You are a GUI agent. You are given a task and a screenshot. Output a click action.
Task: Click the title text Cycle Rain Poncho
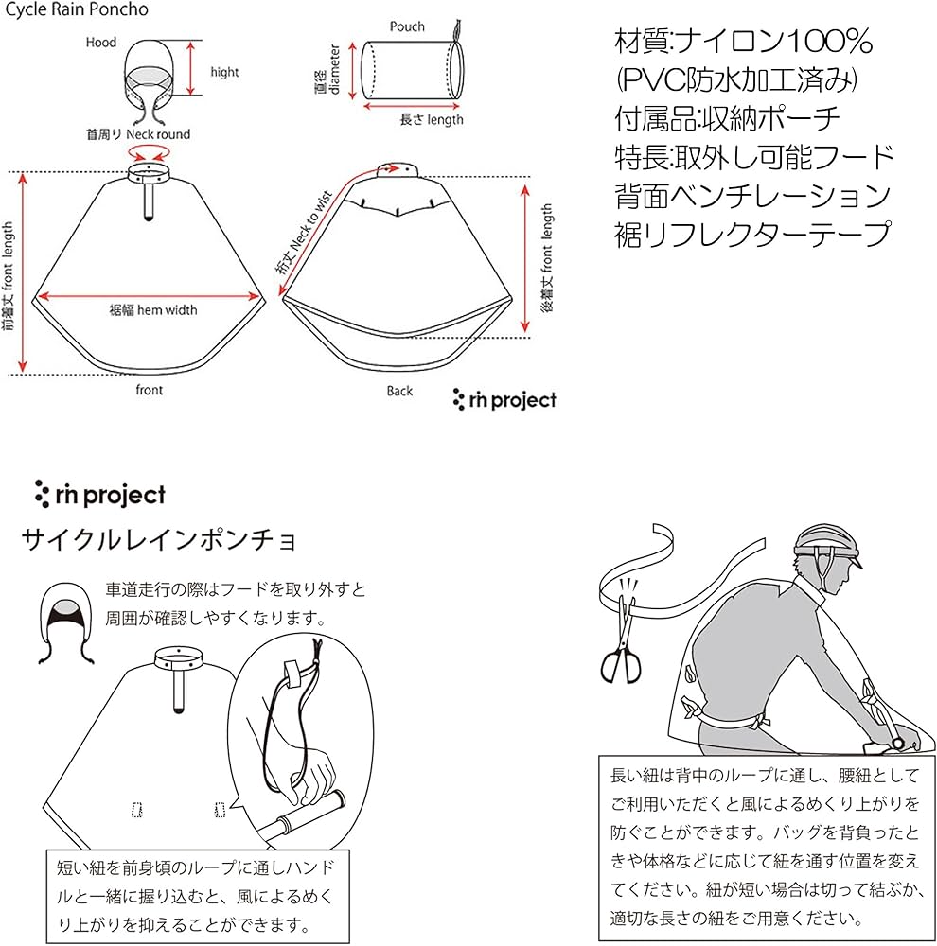[75, 9]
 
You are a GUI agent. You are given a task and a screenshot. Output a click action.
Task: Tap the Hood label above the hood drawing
[101, 43]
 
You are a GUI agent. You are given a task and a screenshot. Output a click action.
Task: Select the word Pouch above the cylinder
[407, 26]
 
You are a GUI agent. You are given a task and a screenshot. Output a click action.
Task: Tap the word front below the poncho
[149, 390]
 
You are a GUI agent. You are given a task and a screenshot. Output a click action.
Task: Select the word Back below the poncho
[399, 391]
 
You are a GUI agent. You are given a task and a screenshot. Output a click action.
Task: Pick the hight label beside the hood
[224, 72]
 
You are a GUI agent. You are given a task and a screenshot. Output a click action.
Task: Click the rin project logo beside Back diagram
[504, 400]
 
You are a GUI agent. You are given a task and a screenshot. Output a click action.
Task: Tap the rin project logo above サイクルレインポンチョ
[99, 494]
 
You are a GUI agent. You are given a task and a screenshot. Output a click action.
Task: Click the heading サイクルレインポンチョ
[159, 540]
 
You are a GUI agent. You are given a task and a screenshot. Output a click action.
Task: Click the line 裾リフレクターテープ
[752, 233]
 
